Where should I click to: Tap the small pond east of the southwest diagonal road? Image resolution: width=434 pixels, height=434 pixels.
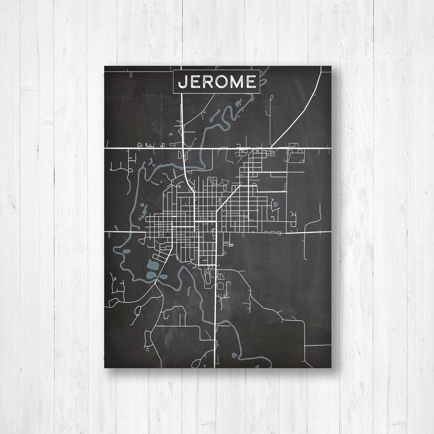pos(163,277)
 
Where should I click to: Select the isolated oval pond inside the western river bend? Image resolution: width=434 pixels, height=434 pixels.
pos(126,251)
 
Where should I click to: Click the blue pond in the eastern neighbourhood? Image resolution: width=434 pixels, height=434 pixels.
pos(275,204)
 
